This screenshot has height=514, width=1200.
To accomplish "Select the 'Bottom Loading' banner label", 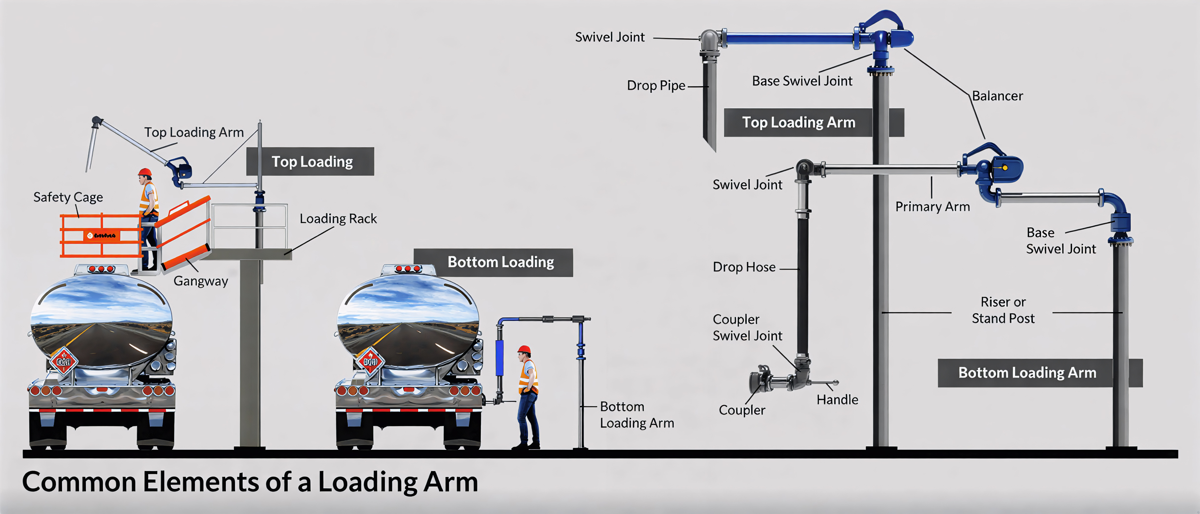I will (x=500, y=262).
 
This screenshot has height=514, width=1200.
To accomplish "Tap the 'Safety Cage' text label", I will (x=68, y=197).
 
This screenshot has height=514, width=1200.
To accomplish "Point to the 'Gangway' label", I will (x=201, y=281).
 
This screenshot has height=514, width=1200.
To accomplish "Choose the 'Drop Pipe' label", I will (x=656, y=85).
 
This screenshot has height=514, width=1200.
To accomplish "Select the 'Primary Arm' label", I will (x=932, y=206).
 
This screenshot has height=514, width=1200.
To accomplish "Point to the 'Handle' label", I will (x=837, y=400).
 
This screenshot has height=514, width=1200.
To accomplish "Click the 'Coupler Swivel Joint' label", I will (x=747, y=327).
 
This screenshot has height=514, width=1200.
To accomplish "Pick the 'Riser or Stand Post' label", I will (x=1003, y=310).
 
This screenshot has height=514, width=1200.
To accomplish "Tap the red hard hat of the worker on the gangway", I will (x=145, y=172).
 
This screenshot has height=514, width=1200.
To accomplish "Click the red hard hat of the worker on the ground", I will (x=524, y=349).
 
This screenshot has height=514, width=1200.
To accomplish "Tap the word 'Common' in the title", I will (x=79, y=482).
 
